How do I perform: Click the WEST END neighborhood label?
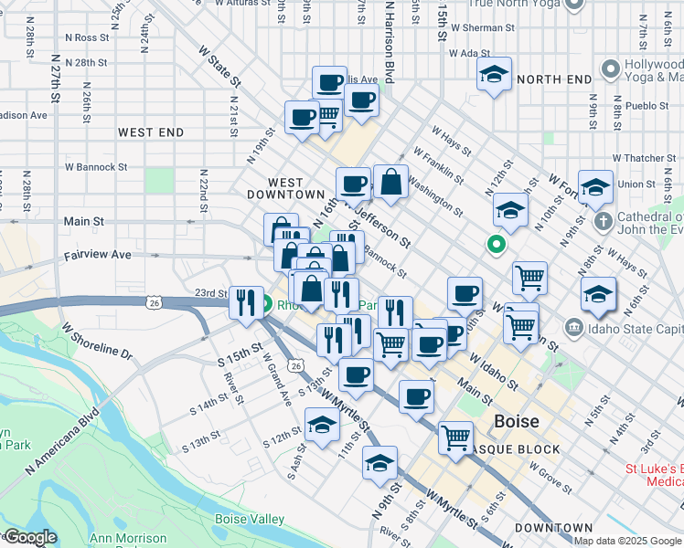tap(151, 132)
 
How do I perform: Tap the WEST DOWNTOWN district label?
tap(285, 188)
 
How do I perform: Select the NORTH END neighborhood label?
tap(554, 79)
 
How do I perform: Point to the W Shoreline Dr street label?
tap(97, 339)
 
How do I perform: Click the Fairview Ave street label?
tap(97, 255)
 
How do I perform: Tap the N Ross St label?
tap(87, 37)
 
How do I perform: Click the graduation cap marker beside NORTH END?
tap(495, 75)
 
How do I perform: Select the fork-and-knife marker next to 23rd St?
tap(245, 302)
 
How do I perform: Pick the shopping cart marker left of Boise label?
tap(455, 437)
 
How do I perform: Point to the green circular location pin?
tap(496, 245)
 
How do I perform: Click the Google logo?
tap(29, 537)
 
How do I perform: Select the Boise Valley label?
tap(249, 519)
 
